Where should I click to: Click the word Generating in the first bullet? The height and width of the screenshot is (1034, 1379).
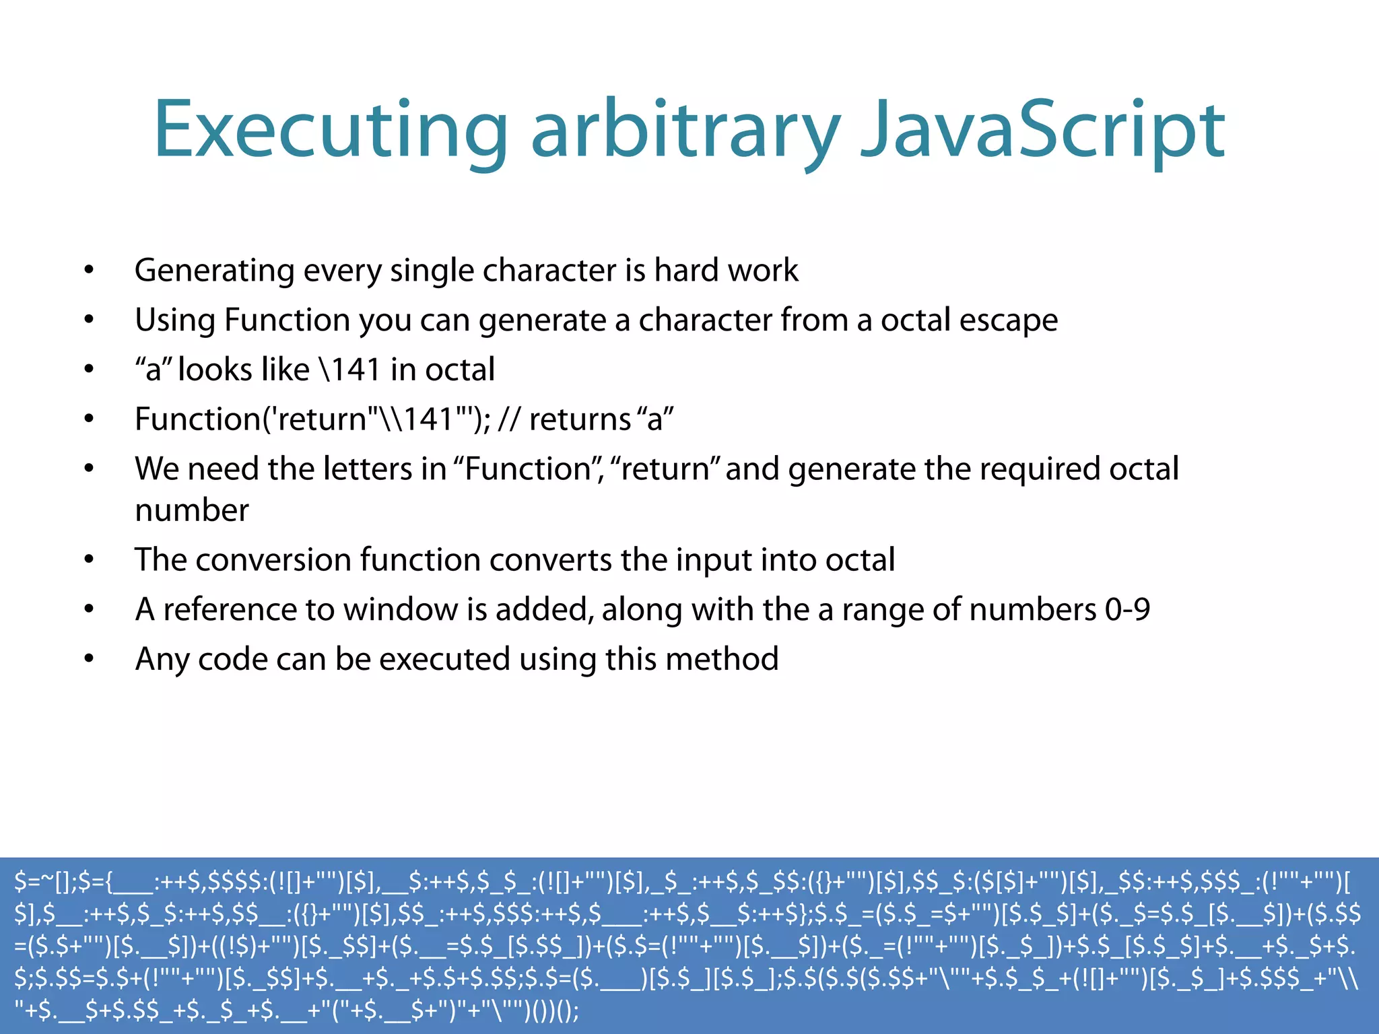point(214,271)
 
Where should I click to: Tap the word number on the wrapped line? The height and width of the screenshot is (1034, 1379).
point(192,510)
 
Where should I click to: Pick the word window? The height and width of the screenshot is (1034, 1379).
point(400,610)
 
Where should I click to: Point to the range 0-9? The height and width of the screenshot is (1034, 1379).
point(1126,610)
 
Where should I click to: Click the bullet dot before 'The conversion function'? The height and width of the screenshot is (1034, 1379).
point(89,560)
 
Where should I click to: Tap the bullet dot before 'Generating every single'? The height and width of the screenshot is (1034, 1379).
point(89,271)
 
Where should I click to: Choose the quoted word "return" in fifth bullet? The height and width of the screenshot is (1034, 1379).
point(665,469)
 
